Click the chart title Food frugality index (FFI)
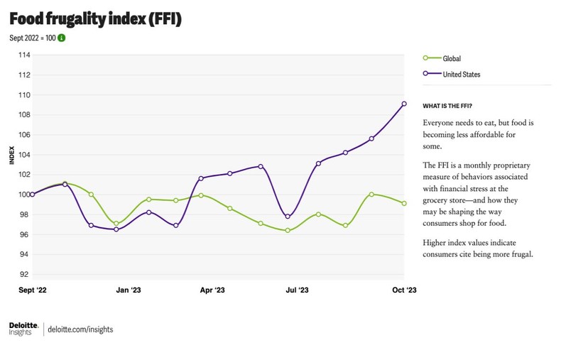[95, 19]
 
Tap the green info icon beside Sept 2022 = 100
[61, 38]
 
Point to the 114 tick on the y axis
[24, 55]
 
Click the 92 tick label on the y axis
[25, 274]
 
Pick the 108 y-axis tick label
[24, 115]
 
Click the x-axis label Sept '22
[33, 290]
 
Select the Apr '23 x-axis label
[212, 290]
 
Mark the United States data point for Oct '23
[404, 104]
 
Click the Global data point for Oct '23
[404, 203]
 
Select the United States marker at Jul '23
[288, 217]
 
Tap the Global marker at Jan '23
[116, 224]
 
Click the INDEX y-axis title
[11, 155]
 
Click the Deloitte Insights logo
[23, 328]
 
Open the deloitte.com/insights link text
[80, 329]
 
